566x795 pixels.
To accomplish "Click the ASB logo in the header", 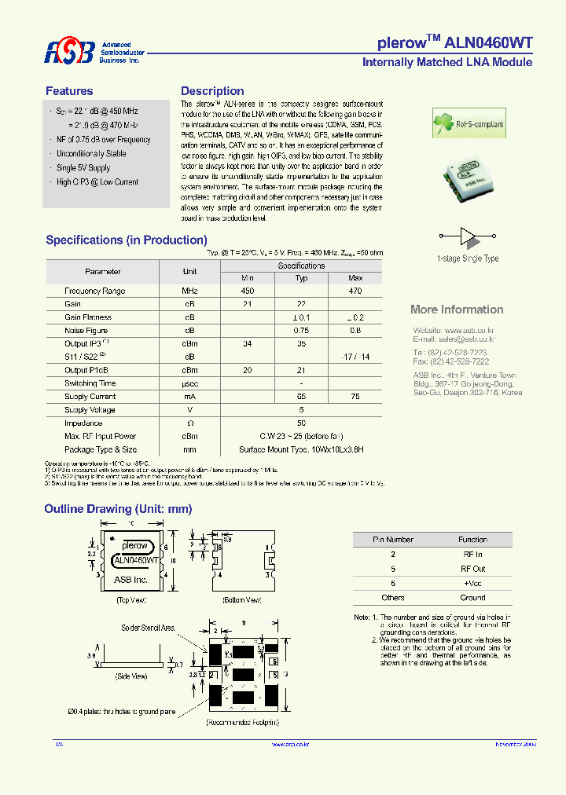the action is (69, 52).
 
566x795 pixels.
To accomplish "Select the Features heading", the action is (69, 91).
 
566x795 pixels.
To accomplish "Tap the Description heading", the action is (212, 91).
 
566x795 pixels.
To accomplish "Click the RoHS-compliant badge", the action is (469, 124).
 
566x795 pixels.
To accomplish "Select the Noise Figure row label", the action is (86, 331).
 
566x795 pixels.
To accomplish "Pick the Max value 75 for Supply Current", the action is (355, 397).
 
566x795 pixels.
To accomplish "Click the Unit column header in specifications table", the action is (189, 272).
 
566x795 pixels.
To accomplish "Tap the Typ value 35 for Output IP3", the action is (301, 344).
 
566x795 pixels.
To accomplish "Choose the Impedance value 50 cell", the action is (301, 423).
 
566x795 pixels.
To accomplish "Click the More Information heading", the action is (457, 310).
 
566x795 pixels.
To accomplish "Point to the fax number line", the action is (450, 361).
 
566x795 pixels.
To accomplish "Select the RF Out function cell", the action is (472, 568).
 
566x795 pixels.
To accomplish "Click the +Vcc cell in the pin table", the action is (472, 583).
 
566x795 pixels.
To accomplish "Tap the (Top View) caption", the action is (132, 599).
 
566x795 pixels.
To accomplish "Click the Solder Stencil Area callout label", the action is (148, 628).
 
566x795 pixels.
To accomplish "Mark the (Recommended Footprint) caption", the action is (243, 721).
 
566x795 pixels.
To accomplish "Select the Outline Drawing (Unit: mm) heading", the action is (118, 509).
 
